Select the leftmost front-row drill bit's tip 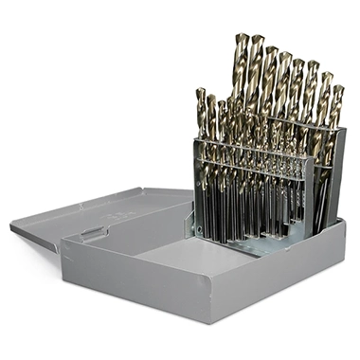coord(201,90)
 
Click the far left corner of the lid coord(12,226)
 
